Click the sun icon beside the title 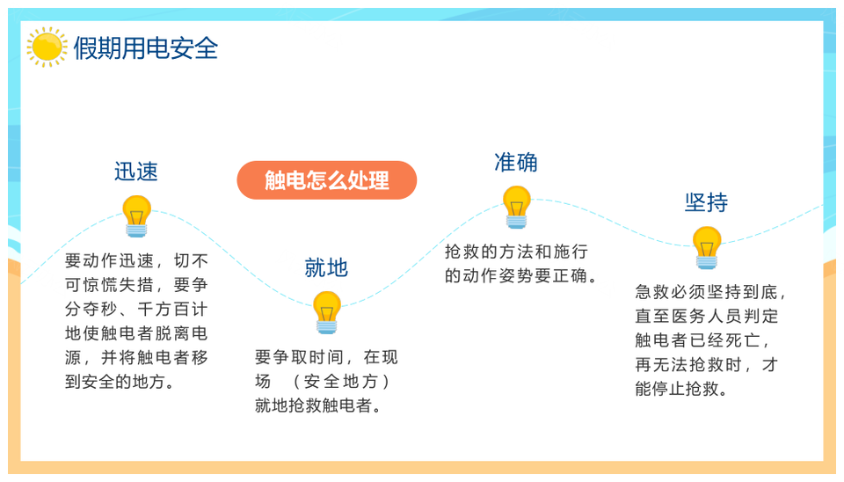pos(47,47)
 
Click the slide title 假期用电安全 pos(146,48)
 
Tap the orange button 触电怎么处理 pos(327,180)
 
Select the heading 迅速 pos(136,172)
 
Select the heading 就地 pos(326,267)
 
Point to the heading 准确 pos(516,163)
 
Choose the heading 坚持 pos(706,202)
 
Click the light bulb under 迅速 pos(137,216)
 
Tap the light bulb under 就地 pos(327,312)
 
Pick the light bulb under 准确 pos(517,208)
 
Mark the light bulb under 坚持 pos(707,248)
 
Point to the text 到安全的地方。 pos(119,382)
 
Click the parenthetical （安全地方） pos(341,382)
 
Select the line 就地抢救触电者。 pos(317,405)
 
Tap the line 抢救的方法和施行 pos(516,252)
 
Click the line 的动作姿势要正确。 pos(521,275)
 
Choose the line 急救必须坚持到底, pos(710,292)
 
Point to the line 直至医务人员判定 pos(707,316)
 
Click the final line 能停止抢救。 pos(680,389)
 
